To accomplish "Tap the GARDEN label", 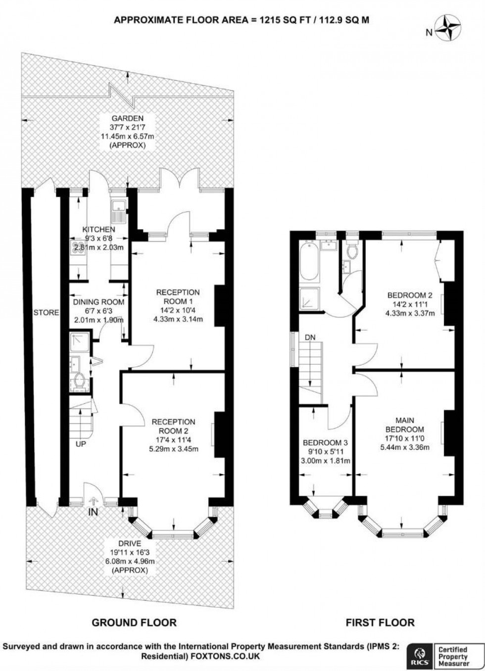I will [x=127, y=118].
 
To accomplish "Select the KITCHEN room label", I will [x=98, y=230].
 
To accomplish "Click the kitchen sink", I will [x=119, y=211].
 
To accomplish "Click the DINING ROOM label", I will [x=98, y=302].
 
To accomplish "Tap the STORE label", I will [x=46, y=312].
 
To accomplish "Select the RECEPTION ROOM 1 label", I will [x=178, y=297].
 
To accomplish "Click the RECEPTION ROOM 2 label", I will [x=173, y=427].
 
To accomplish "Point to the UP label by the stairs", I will [x=81, y=444].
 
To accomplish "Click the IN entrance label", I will [x=93, y=512].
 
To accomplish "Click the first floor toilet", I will [x=353, y=251].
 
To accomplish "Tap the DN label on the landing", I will [x=310, y=337].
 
